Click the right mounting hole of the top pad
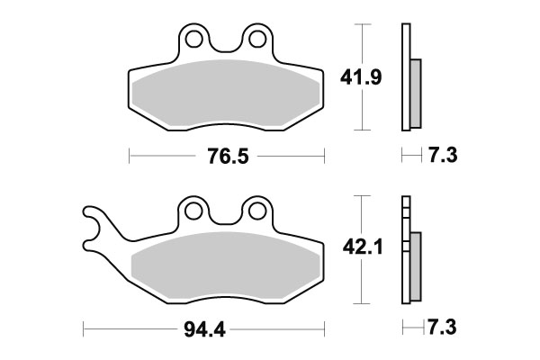pyautogui.click(x=258, y=39)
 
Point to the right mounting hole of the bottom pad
pyautogui.click(x=258, y=210)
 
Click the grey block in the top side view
pyautogui.click(x=416, y=94)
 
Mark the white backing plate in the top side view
pyautogui.click(x=405, y=81)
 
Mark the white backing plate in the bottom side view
pyautogui.click(x=405, y=252)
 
